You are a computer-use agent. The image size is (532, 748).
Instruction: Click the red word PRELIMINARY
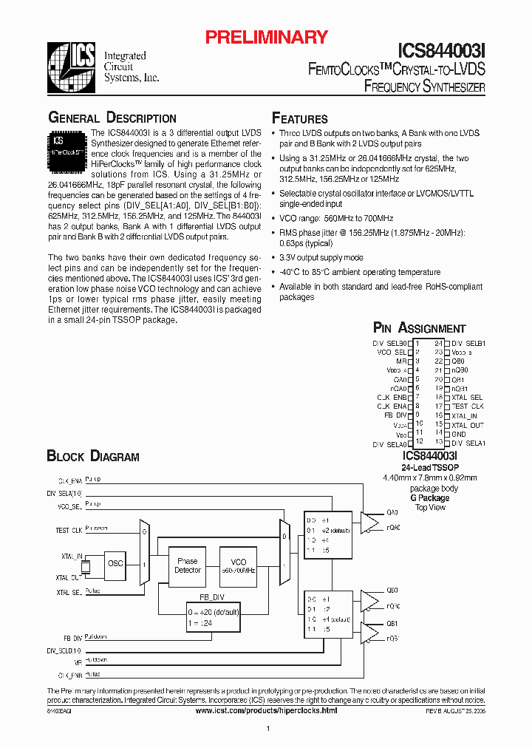tap(266, 38)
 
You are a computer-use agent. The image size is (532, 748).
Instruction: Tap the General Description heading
tap(112, 118)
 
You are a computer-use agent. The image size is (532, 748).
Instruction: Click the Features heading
tap(300, 119)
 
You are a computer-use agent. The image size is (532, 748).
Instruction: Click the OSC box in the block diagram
tap(115, 562)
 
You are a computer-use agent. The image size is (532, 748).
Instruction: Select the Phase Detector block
tap(188, 566)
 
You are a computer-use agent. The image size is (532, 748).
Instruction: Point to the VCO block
tap(238, 566)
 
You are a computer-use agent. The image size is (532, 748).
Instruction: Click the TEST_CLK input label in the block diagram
tap(68, 530)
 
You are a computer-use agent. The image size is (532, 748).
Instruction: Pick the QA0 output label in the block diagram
tap(392, 511)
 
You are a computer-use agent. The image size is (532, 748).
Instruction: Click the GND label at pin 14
tap(459, 434)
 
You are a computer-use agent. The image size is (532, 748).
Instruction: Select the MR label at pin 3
tap(401, 361)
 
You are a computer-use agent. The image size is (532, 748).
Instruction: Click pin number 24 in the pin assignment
tap(438, 343)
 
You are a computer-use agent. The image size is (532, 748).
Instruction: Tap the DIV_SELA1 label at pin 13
tap(468, 443)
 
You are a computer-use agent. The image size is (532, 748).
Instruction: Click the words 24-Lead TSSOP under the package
tap(430, 469)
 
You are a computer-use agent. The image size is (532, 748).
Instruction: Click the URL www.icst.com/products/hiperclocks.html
tap(266, 710)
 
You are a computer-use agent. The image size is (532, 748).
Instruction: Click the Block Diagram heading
tap(93, 457)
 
